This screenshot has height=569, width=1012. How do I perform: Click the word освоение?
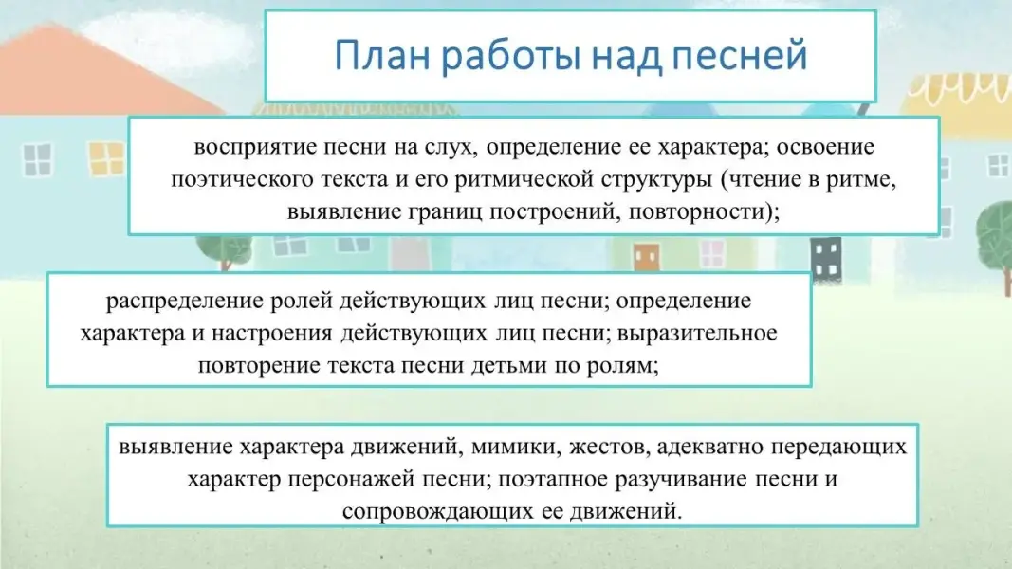825,146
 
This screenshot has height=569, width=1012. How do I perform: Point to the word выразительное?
697,334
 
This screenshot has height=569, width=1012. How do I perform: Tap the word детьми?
508,366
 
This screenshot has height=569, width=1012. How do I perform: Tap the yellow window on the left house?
105,159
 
